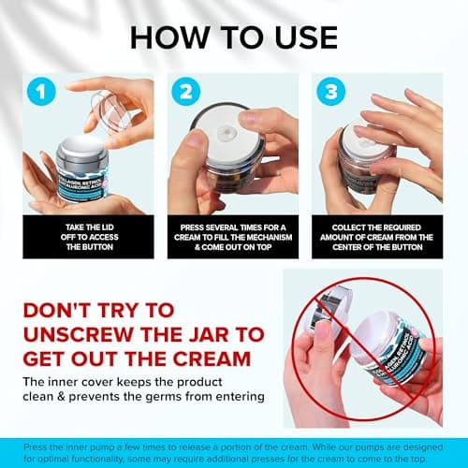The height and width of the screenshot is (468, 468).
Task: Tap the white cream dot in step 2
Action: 225,132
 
